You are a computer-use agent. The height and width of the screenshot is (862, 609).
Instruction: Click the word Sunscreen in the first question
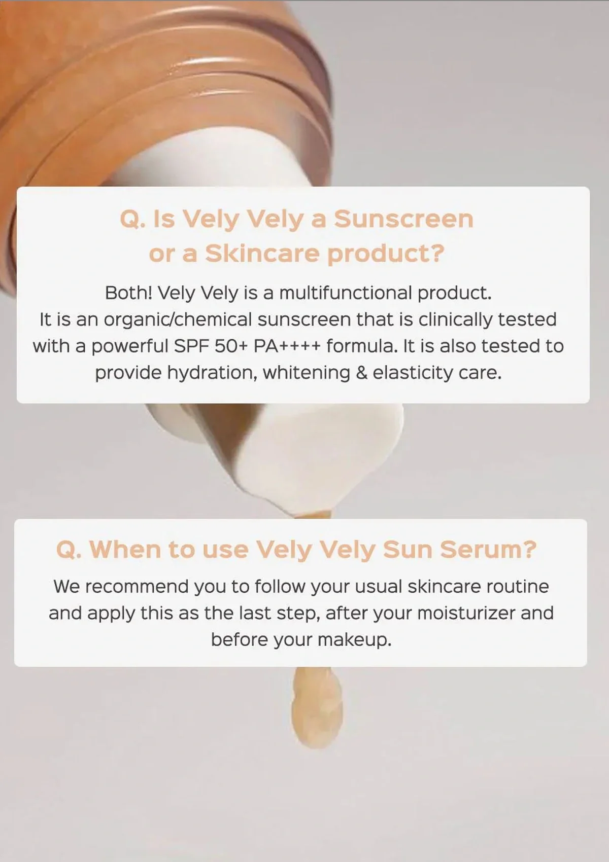click(x=403, y=219)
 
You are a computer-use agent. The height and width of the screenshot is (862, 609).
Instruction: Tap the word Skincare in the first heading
click(x=262, y=254)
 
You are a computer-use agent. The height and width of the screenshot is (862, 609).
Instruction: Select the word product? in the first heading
click(x=386, y=254)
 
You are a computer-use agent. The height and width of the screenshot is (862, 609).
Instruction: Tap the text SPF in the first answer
click(x=192, y=346)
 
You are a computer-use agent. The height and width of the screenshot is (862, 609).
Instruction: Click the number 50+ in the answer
click(x=231, y=346)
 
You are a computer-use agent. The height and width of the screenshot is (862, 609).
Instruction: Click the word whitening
click(x=306, y=373)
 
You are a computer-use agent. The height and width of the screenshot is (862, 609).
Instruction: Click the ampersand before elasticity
click(x=361, y=373)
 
